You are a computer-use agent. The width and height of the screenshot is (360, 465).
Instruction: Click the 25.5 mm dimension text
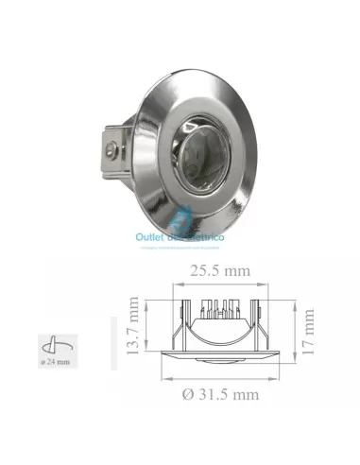pyautogui.click(x=218, y=270)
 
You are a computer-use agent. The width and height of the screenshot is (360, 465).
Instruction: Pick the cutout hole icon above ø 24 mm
pyautogui.click(x=53, y=342)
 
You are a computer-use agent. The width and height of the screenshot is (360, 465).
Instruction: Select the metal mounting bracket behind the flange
pyautogui.click(x=113, y=151)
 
